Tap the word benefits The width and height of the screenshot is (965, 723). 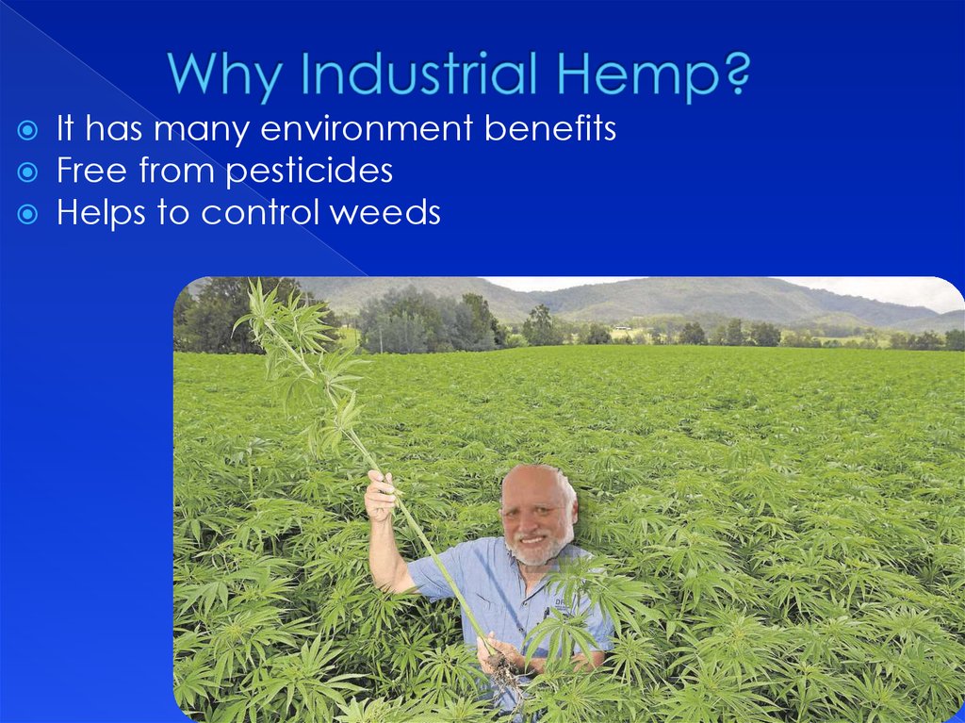(x=550, y=128)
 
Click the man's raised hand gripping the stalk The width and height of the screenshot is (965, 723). (x=381, y=494)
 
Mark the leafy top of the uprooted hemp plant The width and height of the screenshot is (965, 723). (x=283, y=330)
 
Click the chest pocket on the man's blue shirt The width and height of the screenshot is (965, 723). (x=564, y=608)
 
